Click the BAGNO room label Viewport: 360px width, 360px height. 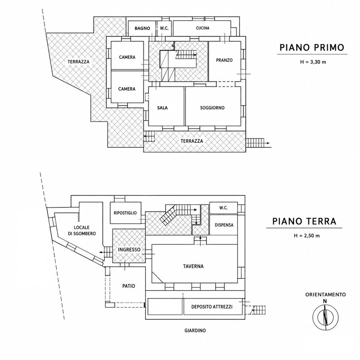pyautogui.click(x=142, y=28)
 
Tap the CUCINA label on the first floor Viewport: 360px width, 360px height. pyautogui.click(x=203, y=28)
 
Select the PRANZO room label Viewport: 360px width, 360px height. pyautogui.click(x=224, y=60)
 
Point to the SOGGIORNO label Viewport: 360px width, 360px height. pyautogui.click(x=212, y=108)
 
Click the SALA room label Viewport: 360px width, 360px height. pyautogui.click(x=162, y=108)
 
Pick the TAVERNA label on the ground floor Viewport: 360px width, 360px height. pyautogui.click(x=193, y=266)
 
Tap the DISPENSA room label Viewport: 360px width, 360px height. pyautogui.click(x=224, y=225)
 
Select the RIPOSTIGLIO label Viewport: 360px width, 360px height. pyautogui.click(x=125, y=213)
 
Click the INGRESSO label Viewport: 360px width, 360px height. pyautogui.click(x=129, y=250)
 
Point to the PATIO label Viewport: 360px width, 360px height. pyautogui.click(x=129, y=286)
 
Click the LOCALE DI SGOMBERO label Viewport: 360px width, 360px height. pyautogui.click(x=82, y=230)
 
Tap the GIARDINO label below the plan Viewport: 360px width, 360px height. pyautogui.click(x=195, y=336)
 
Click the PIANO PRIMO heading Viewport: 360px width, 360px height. pyautogui.click(x=312, y=47)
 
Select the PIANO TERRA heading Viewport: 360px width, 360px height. pyautogui.click(x=304, y=221)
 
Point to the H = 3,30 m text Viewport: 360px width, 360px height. pyautogui.click(x=313, y=62)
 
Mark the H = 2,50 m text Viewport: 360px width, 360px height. pyautogui.click(x=307, y=236)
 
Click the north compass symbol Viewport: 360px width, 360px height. pyautogui.click(x=325, y=317)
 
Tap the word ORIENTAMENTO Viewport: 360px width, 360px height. pyautogui.click(x=325, y=295)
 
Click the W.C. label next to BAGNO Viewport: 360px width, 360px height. pyautogui.click(x=164, y=28)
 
